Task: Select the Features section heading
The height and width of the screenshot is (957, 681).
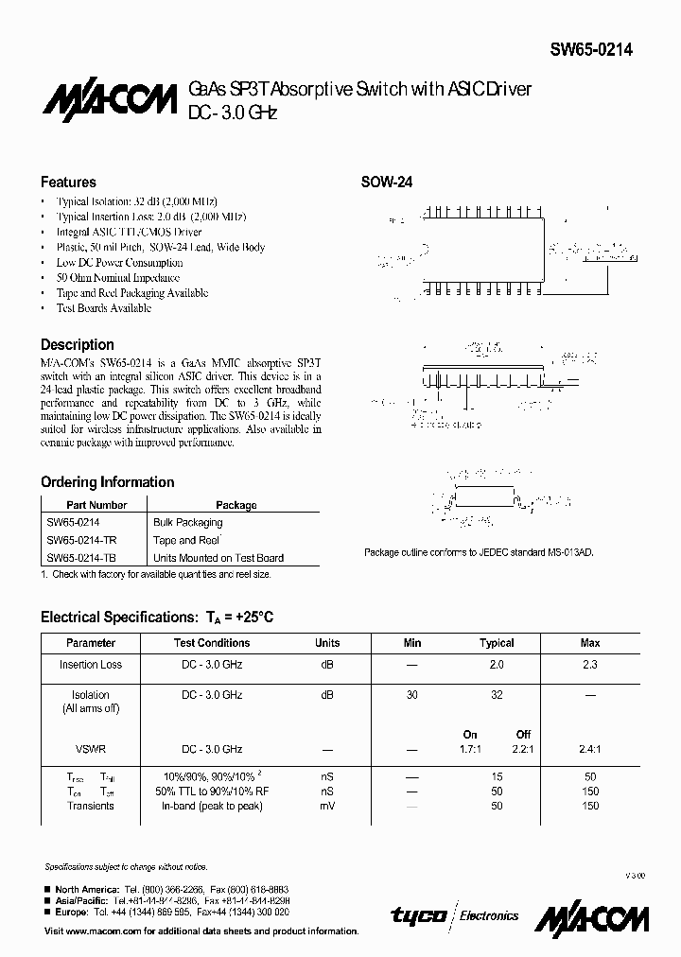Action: [68, 182]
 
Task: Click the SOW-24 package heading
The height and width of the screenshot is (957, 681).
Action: [388, 183]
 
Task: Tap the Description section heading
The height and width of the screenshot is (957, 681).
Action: [77, 344]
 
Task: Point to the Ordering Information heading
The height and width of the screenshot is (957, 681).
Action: [107, 481]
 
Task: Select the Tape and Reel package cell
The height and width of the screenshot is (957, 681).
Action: [186, 540]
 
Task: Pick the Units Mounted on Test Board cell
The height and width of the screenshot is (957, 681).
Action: [218, 558]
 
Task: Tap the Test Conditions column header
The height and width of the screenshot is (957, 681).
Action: [212, 642]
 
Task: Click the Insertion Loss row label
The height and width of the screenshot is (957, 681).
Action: [91, 665]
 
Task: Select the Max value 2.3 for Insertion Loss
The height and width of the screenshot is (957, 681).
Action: [589, 665]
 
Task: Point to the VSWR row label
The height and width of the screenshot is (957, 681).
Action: [91, 748]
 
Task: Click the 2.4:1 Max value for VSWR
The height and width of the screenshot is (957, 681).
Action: [589, 748]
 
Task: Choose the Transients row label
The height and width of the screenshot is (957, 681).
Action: [91, 806]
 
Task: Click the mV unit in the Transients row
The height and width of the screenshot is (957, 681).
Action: [326, 806]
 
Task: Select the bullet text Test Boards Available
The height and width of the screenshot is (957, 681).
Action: [103, 308]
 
